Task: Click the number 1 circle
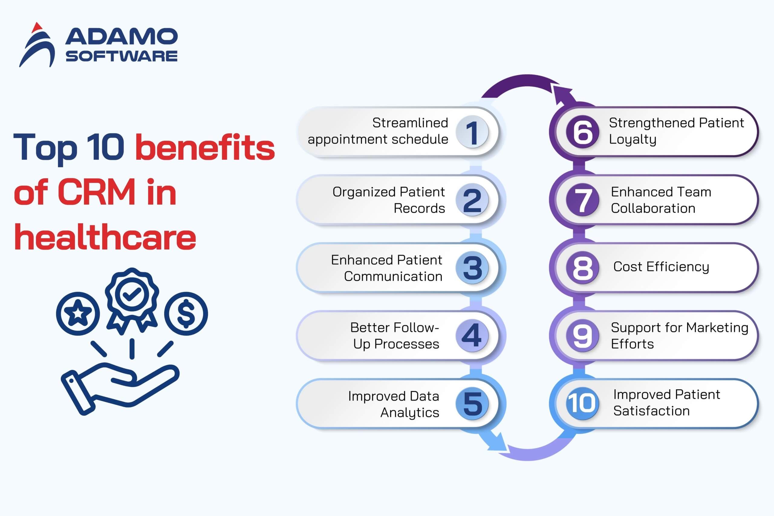coord(472,132)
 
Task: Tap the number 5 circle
coord(472,403)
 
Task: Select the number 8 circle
coord(583,268)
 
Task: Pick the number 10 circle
coord(582,403)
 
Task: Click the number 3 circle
coord(472,268)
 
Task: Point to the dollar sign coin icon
coord(186,313)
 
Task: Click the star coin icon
coord(78,313)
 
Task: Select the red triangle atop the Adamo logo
coord(37,28)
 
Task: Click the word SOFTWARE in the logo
coord(121,56)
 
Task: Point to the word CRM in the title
coord(97,192)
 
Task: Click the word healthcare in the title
coord(105,237)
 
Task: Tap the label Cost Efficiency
coord(661,267)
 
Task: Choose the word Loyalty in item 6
coord(632,139)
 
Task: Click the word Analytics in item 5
coord(410,413)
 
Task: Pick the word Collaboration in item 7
coord(653,208)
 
